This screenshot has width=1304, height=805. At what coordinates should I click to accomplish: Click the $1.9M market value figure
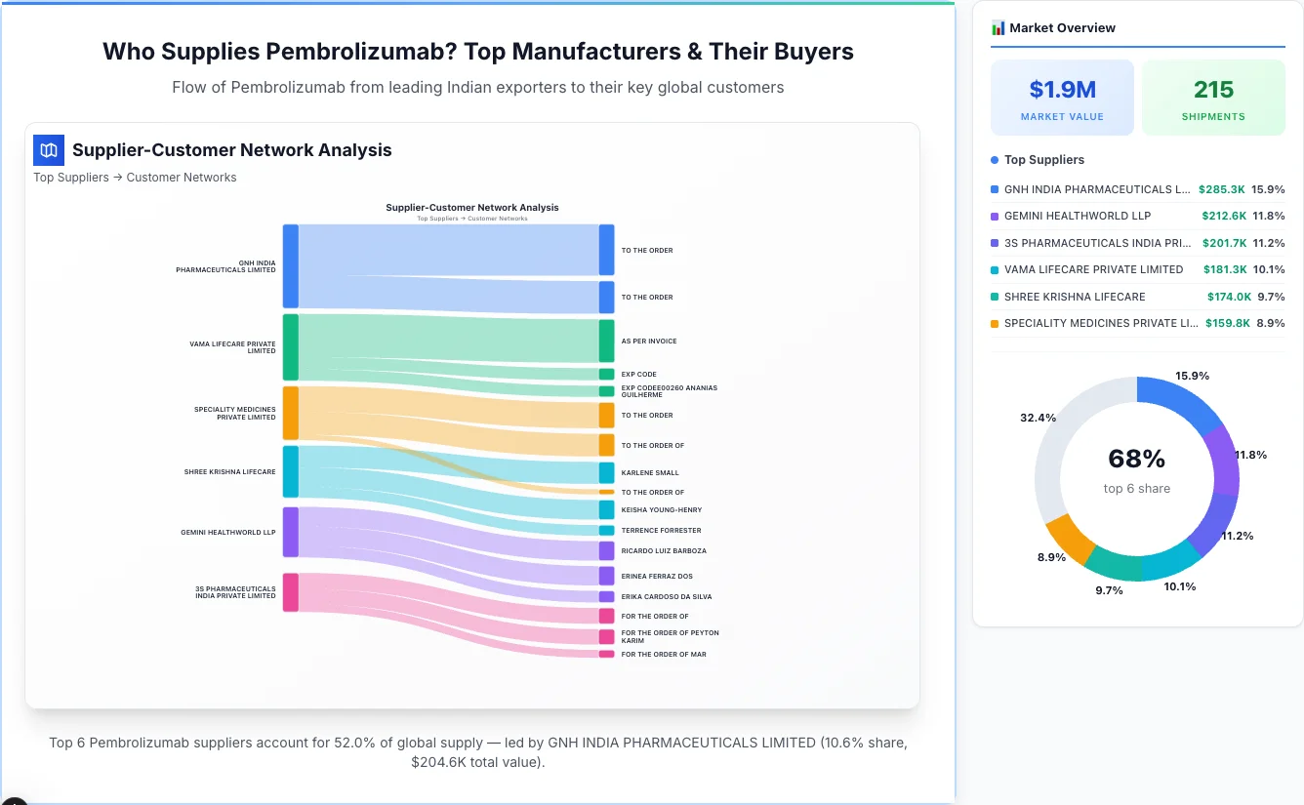pos(1062,90)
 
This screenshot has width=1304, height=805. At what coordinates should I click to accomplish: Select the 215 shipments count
pos(1213,90)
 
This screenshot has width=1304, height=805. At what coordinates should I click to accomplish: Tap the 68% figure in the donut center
pos(1136,459)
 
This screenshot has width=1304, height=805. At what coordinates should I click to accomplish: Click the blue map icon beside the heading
pos(48,150)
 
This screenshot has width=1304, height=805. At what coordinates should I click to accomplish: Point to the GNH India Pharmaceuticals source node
pos(291,265)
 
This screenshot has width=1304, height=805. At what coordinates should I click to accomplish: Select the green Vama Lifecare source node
pos(291,346)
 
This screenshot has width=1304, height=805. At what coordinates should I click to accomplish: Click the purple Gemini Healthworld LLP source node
pos(291,532)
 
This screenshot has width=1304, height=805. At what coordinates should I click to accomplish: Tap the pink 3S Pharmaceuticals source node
pos(291,592)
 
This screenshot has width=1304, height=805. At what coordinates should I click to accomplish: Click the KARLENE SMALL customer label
pos(650,473)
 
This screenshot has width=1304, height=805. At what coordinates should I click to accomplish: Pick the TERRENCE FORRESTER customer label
pos(661,531)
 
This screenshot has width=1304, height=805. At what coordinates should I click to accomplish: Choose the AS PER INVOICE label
pos(649,342)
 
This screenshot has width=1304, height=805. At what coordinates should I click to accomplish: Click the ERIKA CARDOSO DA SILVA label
pos(667,596)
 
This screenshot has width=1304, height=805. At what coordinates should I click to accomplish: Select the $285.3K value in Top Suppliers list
pos(1221,189)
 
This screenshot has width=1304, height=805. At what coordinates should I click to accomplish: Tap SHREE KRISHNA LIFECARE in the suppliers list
pos(1074,297)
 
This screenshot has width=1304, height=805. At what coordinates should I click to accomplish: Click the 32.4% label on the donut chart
pos(1038,418)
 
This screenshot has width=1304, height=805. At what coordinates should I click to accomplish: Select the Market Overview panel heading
pos(1062,28)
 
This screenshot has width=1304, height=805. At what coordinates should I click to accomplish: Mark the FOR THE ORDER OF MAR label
pos(664,654)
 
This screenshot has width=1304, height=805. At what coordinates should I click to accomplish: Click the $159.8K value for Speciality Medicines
pos(1227,323)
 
